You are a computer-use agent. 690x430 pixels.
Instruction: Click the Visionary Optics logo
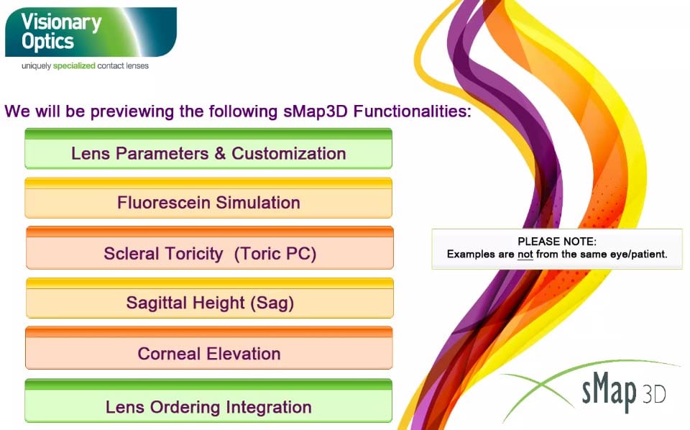91,32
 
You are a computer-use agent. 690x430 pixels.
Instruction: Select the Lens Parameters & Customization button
208,148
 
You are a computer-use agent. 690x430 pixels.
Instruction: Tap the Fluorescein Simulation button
208,198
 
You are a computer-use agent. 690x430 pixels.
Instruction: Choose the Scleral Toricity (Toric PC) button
209,248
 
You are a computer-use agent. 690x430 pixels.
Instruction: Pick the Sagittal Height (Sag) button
209,298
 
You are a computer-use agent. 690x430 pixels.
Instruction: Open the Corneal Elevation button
209,348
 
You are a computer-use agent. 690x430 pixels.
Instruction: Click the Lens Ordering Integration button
208,401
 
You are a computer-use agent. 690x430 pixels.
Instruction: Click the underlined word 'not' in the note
525,255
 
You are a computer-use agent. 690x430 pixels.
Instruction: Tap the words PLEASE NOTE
557,242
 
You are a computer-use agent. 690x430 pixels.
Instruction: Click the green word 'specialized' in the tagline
74,66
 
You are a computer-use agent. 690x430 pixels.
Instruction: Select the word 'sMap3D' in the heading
316,111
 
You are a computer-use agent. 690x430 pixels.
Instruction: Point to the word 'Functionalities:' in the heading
413,111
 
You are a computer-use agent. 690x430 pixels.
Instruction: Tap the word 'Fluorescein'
164,203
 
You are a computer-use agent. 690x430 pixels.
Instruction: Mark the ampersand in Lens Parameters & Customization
220,154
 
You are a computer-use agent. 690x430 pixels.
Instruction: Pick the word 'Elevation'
244,353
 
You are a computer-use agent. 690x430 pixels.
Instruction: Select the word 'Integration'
268,408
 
